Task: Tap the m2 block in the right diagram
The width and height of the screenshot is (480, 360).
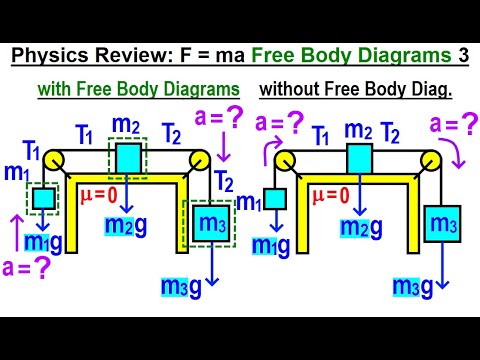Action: (360, 159)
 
